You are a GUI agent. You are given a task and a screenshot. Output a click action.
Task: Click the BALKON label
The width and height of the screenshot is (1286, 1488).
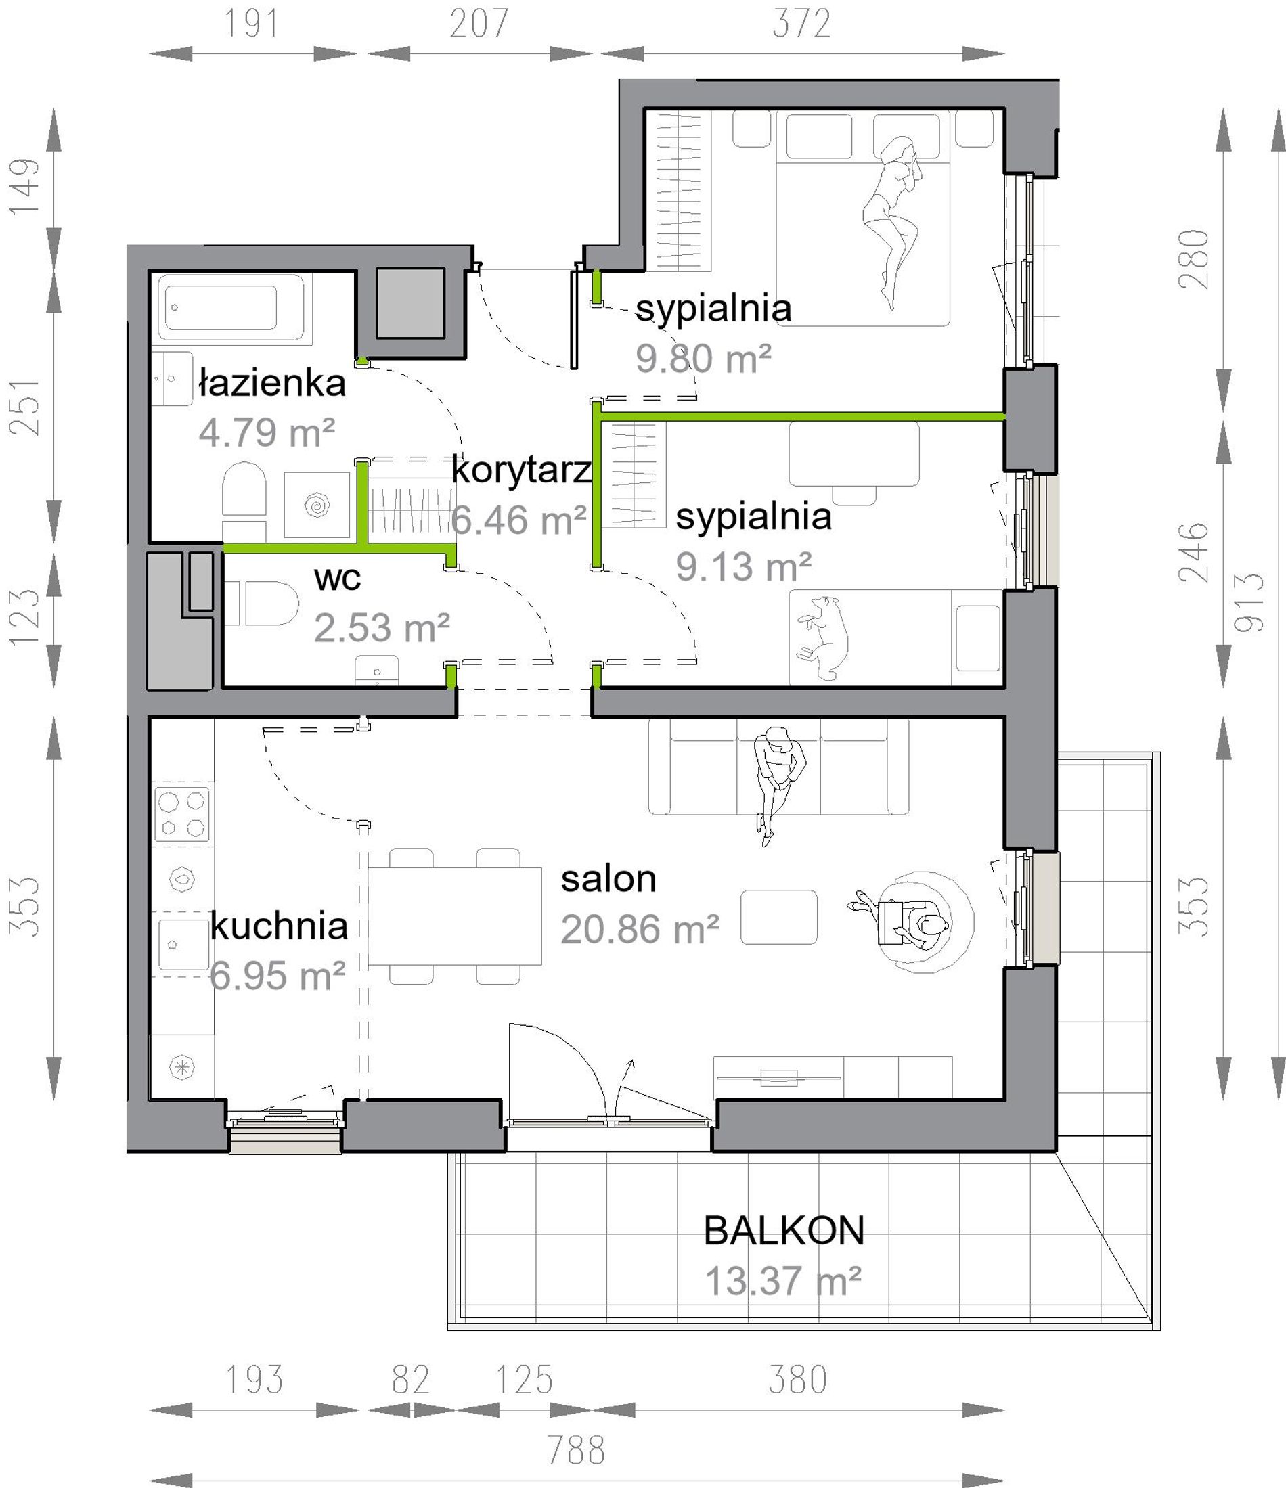click(784, 1230)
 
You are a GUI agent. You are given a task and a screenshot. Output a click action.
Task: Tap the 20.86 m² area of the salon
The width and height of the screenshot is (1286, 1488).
click(640, 929)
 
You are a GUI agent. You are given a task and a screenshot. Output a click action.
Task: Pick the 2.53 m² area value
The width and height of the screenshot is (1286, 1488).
click(382, 628)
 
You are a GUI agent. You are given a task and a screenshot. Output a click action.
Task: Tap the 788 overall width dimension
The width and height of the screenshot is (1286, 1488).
click(576, 1449)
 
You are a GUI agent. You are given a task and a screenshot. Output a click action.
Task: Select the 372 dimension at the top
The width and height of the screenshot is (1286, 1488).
click(802, 24)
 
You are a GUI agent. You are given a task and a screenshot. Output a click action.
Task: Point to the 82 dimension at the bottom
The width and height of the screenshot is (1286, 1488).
click(411, 1380)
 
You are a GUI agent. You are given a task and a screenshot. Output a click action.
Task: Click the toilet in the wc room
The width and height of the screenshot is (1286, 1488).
click(261, 603)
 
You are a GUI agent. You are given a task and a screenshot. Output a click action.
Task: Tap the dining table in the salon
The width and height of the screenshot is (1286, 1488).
click(455, 916)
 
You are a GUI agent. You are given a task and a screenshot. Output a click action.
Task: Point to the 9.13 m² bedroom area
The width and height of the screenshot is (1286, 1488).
click(744, 566)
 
